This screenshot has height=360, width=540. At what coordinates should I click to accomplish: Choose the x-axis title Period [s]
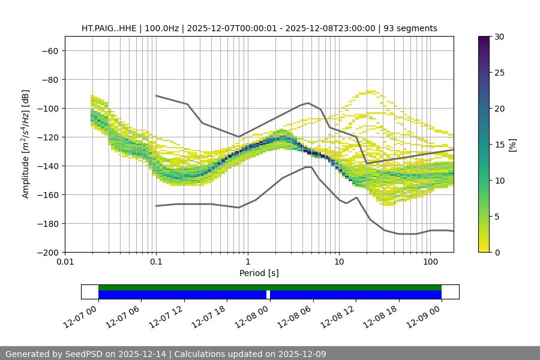coord(259,273)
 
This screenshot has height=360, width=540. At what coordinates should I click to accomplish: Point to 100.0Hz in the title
coord(162,28)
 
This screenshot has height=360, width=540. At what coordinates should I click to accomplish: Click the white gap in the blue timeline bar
coord(268,295)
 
